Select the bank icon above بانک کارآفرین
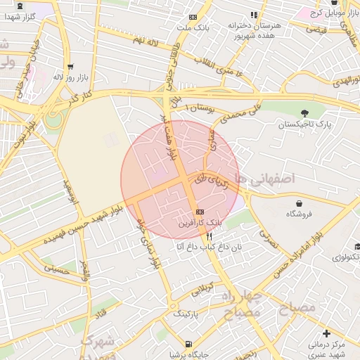(200, 212)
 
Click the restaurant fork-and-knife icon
(210, 237)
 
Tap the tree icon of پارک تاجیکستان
(304, 113)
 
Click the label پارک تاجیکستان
(304, 124)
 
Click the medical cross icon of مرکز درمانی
(326, 333)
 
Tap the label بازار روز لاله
(70, 77)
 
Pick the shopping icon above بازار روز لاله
(70, 67)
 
